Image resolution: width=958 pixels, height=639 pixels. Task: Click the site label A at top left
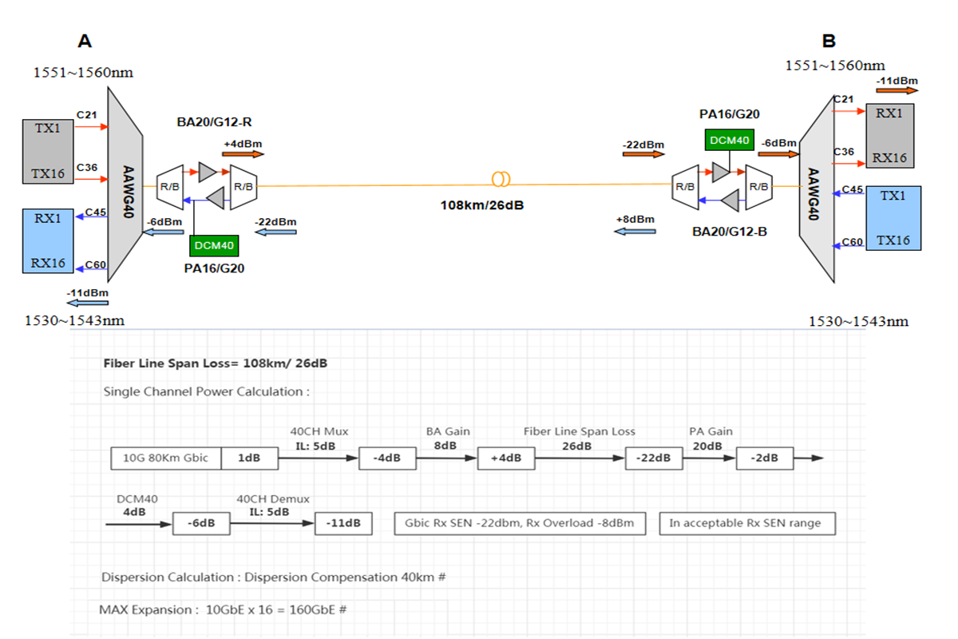(x=85, y=42)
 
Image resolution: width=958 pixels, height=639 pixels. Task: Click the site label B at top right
(x=829, y=41)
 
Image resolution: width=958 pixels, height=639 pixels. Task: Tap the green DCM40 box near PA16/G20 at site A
(x=212, y=246)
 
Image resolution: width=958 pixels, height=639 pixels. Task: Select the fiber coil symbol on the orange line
(x=501, y=177)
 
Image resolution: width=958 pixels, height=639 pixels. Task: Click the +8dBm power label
(x=635, y=219)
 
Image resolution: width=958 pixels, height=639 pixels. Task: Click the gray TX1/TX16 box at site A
(x=47, y=151)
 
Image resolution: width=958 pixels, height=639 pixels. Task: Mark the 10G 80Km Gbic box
(x=166, y=458)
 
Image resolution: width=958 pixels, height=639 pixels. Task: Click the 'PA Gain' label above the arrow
(x=711, y=431)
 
